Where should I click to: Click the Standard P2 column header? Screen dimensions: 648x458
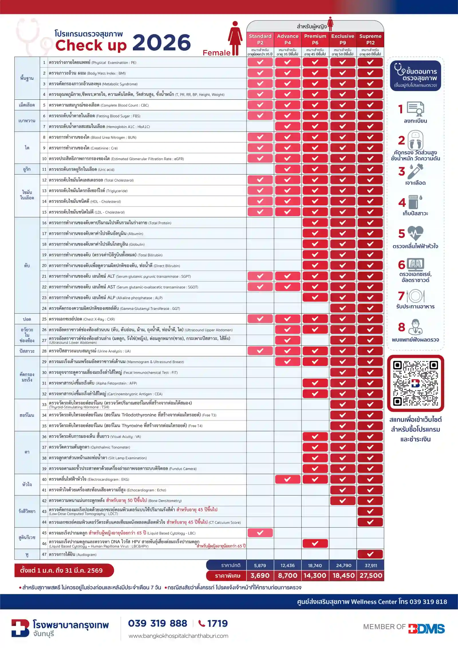tap(260, 39)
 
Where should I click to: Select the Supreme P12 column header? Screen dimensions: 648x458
tap(370, 39)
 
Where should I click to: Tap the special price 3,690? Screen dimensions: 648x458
tap(260, 575)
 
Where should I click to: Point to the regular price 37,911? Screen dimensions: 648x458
tap(371, 565)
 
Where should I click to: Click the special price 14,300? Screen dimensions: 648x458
tap(315, 575)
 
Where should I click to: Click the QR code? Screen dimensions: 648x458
tap(415, 383)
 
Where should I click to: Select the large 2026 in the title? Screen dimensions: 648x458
tap(162, 43)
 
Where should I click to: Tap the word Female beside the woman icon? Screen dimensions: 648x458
tap(216, 53)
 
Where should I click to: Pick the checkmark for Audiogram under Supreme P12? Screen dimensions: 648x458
tap(370, 554)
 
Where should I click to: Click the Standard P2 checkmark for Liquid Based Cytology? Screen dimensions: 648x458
tap(260, 533)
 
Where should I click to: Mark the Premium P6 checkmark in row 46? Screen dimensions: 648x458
tap(315, 543)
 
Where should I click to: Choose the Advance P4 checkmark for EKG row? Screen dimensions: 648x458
tap(287, 479)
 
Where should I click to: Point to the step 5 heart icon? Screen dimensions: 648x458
tap(415, 233)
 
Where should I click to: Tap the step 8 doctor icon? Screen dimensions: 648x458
tap(415, 327)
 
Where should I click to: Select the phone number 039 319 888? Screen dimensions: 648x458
tap(157, 623)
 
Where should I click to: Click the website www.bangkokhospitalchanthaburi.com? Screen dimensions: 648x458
tap(178, 636)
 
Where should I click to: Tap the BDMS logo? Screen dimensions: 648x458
tap(426, 629)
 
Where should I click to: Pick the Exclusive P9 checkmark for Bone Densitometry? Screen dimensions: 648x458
tap(343, 501)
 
